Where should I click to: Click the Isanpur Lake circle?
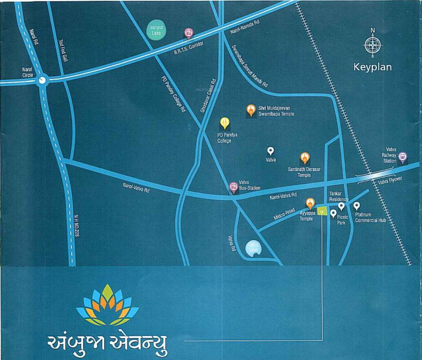coord(155,30)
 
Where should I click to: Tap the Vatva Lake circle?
coord(254,248)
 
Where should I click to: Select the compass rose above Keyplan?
coord(373,45)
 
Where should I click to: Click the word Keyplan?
coord(372,67)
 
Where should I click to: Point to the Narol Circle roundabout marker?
coord(43,80)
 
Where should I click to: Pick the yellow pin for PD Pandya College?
coord(225,123)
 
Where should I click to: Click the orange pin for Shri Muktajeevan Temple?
coord(251,110)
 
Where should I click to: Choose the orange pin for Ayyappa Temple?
coord(310,203)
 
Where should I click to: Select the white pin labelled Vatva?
coord(271,151)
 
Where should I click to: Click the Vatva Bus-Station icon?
coord(233,187)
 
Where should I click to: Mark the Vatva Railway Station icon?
coord(402,157)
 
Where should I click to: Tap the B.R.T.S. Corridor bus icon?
coord(188,33)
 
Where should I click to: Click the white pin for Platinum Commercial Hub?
coord(357,206)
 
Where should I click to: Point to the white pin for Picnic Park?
coord(333,214)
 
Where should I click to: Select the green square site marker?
coord(322,211)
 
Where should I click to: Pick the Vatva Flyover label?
coord(390,181)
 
